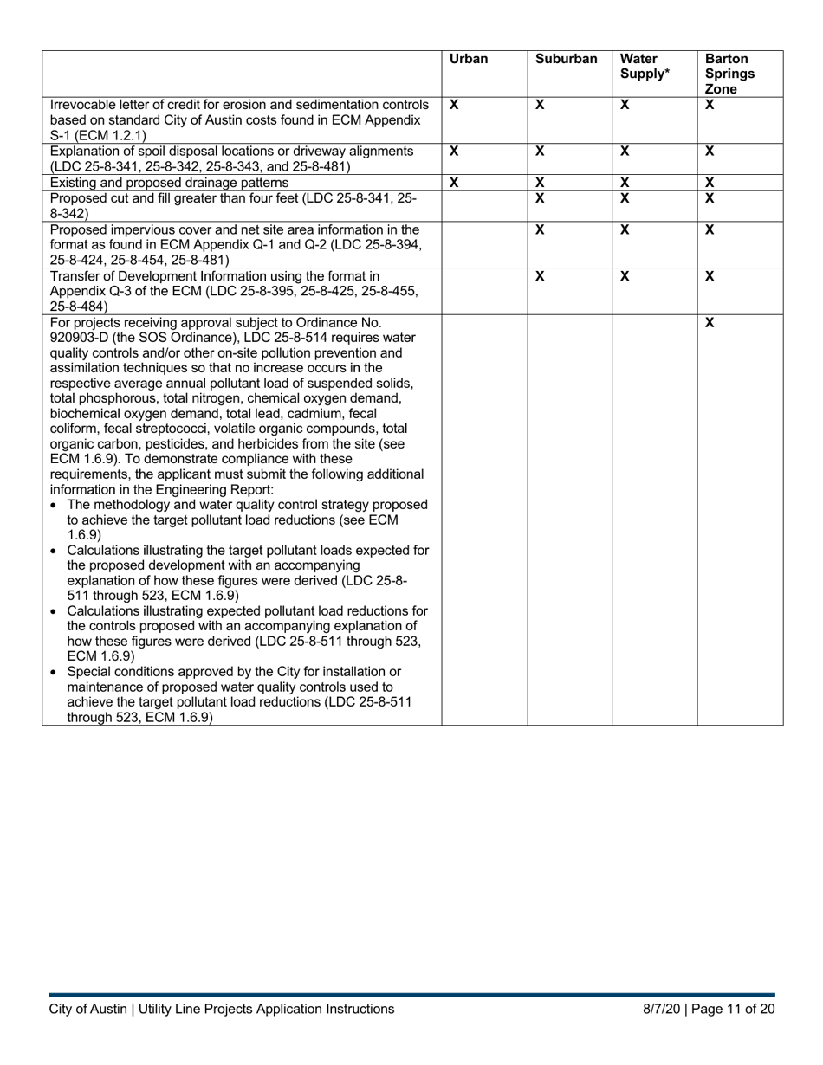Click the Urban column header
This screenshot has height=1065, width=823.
click(469, 60)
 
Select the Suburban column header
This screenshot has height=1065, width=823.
click(566, 60)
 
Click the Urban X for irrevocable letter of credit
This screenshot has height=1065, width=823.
click(454, 104)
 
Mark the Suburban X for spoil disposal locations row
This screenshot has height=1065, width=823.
click(539, 151)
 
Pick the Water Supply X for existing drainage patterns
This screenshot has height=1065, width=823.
click(624, 183)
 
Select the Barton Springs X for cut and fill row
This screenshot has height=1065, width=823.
click(710, 198)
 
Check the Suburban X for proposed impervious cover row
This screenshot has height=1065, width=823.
click(539, 229)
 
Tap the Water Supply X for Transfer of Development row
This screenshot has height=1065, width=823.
click(624, 275)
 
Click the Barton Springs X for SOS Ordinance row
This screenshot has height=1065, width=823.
click(710, 322)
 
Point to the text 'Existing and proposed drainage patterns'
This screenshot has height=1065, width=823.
click(169, 183)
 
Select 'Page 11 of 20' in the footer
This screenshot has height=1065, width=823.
click(736, 1009)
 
